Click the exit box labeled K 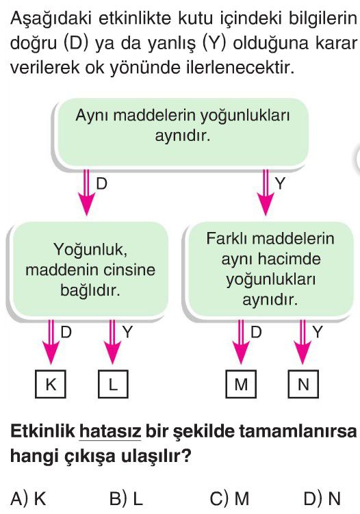coord(51,384)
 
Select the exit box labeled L coord(113,384)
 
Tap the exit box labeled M coord(241,384)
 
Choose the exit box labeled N coord(303,384)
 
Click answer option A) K coord(28,498)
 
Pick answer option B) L coord(126,498)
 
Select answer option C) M coord(229,498)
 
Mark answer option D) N coord(322,498)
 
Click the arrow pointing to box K coord(51,342)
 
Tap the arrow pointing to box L coord(112,342)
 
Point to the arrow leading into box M coord(241,342)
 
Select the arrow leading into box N coord(303,342)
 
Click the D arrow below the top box coord(86,192)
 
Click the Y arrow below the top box coord(266,192)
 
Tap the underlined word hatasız coord(110,431)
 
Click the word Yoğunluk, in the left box coord(90,249)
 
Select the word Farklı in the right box coord(227,238)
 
